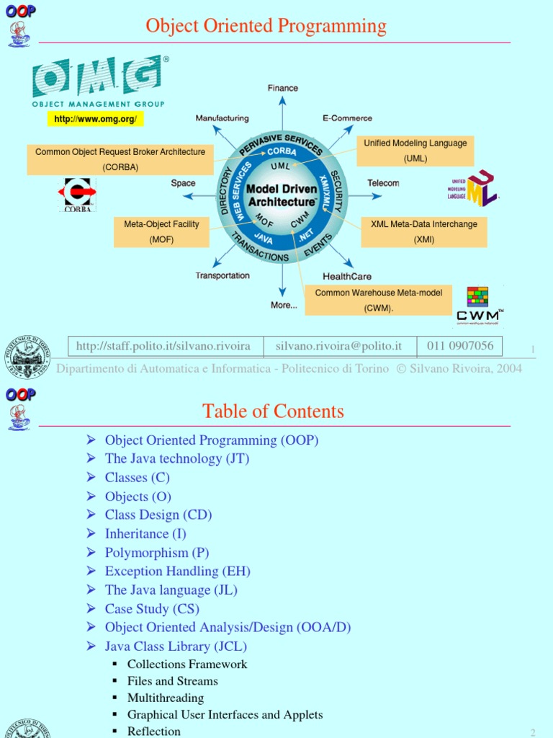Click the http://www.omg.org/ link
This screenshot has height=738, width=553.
[x=95, y=119]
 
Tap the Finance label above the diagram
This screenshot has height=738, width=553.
[x=282, y=88]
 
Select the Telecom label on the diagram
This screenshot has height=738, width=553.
[x=383, y=183]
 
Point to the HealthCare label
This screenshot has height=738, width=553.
[x=347, y=276]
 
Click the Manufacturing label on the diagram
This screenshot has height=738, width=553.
[x=222, y=118]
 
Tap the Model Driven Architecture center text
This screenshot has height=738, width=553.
[x=282, y=195]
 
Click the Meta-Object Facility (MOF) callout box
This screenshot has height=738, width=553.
[x=161, y=232]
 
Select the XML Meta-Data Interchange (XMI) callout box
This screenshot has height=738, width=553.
[x=423, y=232]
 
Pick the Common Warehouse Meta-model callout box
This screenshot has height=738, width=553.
[x=378, y=300]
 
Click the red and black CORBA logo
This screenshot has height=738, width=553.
[x=77, y=195]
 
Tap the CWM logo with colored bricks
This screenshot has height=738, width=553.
[x=479, y=306]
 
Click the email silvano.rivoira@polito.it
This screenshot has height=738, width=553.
[x=338, y=347]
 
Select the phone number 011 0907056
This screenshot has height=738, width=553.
[x=460, y=346]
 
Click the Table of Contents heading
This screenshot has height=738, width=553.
[x=273, y=412]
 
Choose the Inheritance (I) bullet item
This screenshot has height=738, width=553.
[x=145, y=534]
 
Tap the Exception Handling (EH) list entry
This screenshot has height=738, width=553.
[x=177, y=572]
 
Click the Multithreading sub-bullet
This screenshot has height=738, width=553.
[x=165, y=698]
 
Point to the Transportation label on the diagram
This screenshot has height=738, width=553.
[x=222, y=275]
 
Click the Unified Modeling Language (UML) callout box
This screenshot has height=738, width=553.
[x=415, y=151]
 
